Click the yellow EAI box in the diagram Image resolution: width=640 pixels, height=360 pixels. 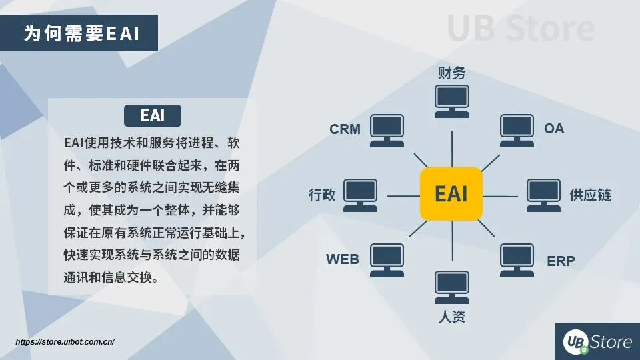pos(451,194)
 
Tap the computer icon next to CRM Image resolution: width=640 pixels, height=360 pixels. pos(387,130)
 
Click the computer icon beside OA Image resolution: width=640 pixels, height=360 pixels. pos(517,130)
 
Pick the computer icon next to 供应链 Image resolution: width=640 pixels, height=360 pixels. pos(543,195)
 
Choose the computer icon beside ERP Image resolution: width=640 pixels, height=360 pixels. pos(517,259)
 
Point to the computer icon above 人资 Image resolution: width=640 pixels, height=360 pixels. pos(451,287)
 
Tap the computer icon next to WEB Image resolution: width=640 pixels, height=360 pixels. pos(387,259)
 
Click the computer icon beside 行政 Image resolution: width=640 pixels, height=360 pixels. pos(361,195)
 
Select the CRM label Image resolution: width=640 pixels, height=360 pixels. pos(345,129)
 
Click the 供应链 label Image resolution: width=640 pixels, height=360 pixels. pos(590,195)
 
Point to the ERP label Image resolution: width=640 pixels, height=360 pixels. pos(561,261)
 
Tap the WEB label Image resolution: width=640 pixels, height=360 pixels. pos(342,259)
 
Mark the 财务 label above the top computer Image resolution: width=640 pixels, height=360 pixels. pos(451,73)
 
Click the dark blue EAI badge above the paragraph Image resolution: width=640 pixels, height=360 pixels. pos(153,115)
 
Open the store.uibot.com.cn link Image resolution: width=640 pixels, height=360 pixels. pos(65,342)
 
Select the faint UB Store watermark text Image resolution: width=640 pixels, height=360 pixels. pos(520,28)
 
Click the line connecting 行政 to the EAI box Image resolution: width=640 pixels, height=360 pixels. pos(403,196)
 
